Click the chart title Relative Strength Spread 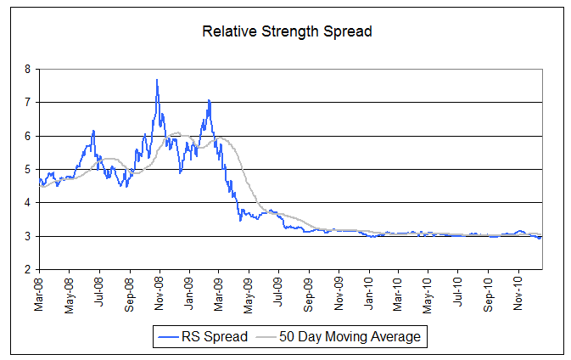pyautogui.click(x=287, y=32)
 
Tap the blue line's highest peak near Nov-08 pyautogui.click(x=157, y=80)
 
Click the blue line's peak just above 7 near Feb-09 pyautogui.click(x=209, y=101)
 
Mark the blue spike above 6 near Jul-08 pyautogui.click(x=93, y=131)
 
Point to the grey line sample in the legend pyautogui.click(x=270, y=337)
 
